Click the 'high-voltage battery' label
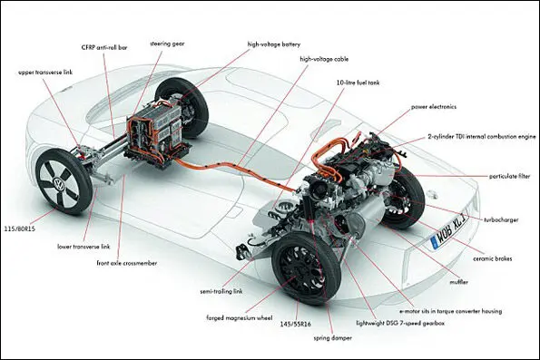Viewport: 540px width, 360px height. pos(274,44)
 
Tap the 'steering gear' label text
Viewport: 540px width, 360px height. pos(167,44)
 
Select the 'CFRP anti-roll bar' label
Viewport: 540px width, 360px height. pos(104,47)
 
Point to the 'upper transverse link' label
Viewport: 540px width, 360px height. pos(45,73)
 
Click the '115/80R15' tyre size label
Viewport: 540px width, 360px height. pos(20,229)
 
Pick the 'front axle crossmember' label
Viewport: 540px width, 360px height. pos(127,263)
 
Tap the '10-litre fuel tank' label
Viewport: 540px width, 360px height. pos(358,83)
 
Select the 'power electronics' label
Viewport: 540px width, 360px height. pos(434,107)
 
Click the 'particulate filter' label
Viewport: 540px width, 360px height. pos(510,177)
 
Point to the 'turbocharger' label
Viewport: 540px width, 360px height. pos(501,220)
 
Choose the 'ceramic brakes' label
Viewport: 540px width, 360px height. pos(493,258)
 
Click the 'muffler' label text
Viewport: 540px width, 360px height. pos(458,282)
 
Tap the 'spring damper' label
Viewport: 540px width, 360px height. pos(333,338)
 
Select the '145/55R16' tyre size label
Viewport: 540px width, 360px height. pos(296,325)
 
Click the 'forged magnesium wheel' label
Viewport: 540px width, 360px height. pos(240,318)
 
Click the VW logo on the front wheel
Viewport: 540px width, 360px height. pos(58,182)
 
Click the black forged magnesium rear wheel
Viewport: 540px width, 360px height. pos(306,268)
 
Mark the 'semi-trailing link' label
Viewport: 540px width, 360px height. pos(221,291)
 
